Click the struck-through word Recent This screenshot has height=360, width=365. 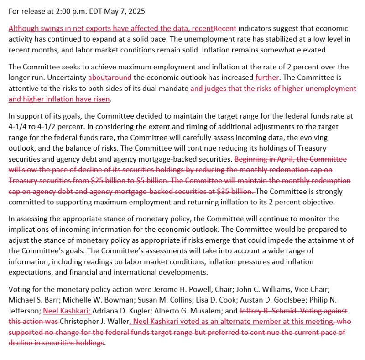225,28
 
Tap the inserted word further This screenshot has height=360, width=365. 267,78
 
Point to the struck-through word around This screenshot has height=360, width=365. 120,78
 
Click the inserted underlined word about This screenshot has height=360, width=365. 97,78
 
